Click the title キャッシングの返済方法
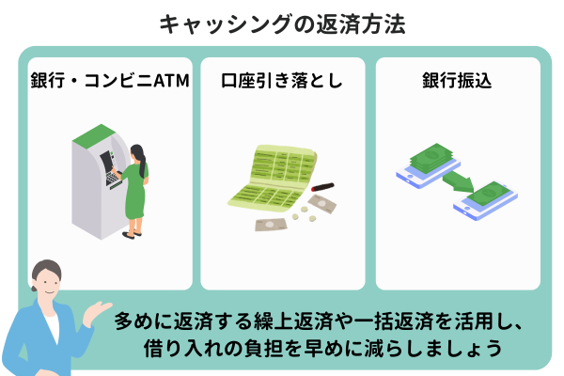(282, 24)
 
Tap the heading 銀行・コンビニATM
(110, 80)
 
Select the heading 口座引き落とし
(282, 80)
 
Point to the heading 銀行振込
(457, 80)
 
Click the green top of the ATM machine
(94, 135)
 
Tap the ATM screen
(106, 161)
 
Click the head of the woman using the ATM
(138, 153)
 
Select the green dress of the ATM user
(135, 191)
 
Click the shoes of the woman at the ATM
(132, 235)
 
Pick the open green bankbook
(274, 177)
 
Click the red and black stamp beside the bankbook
(322, 187)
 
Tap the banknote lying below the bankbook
(272, 225)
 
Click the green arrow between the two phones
(458, 181)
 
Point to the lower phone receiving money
(485, 201)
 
